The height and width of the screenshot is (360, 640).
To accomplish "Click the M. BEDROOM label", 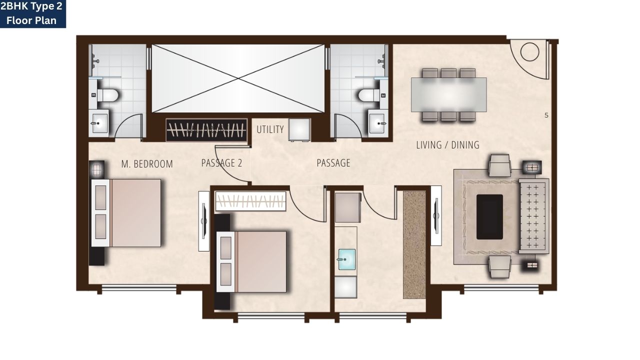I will tap(147, 164).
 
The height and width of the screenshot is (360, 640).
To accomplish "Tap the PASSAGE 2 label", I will tap(221, 163).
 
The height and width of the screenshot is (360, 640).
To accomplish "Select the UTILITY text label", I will tap(270, 129).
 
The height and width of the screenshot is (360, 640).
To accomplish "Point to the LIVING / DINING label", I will tap(447, 145).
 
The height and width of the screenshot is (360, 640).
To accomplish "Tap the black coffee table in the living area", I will tap(489, 217).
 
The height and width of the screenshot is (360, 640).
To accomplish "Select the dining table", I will tap(448, 94).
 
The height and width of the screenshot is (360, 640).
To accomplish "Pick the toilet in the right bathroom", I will tap(368, 94).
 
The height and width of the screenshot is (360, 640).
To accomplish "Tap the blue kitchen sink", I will tap(346, 259).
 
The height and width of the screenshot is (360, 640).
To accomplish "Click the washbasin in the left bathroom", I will tap(99, 122).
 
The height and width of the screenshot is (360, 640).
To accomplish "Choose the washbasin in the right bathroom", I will tap(378, 122).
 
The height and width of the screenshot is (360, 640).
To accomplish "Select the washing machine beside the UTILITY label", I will tap(299, 129).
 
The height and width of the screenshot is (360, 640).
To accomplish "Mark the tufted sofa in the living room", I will tap(534, 215).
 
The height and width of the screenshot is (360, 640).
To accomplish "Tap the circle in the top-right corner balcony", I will tap(529, 51).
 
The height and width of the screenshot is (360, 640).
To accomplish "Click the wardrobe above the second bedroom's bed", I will tap(250, 201).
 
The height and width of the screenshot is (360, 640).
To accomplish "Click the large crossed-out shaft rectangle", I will tap(238, 78).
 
